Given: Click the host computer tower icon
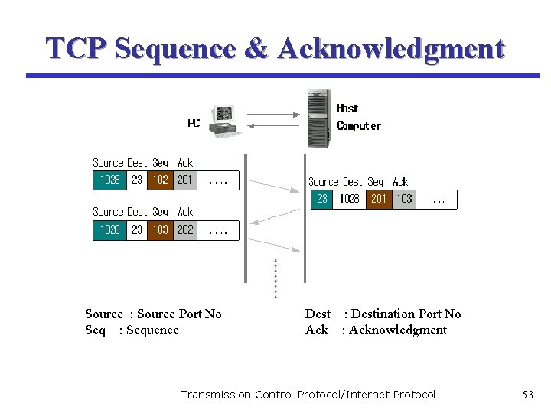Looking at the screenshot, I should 319,119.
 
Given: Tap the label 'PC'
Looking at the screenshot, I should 194,123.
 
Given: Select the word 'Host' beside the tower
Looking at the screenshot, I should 347,109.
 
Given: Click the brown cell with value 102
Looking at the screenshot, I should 160,180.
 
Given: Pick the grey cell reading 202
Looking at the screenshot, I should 184,229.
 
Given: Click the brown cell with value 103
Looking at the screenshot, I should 160,229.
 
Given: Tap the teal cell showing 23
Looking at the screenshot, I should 322,199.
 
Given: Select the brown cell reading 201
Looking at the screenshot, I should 378,199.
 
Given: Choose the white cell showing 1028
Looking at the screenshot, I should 350,199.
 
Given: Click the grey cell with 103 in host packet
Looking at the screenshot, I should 404,199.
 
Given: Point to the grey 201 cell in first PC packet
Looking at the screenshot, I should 184,180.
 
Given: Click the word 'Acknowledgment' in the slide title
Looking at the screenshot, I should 391,49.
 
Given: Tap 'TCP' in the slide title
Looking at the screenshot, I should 76,49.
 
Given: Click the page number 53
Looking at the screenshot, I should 527,395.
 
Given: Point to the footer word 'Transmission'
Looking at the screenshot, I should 215,395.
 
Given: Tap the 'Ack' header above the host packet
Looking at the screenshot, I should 400,182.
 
